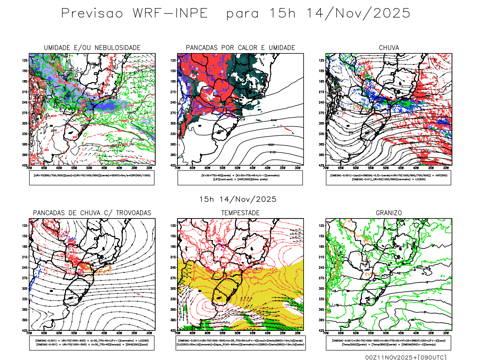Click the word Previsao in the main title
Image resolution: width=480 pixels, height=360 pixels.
pyautogui.click(x=92, y=13)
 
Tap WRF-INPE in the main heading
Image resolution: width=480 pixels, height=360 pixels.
pyautogui.click(x=170, y=13)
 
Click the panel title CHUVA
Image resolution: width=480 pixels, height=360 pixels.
pyautogui.click(x=389, y=48)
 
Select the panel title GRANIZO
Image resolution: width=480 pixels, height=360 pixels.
pyautogui.click(x=389, y=213)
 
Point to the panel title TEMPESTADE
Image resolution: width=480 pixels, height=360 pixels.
pyautogui.click(x=240, y=213)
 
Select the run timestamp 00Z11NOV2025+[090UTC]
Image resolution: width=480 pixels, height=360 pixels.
pyautogui.click(x=406, y=357)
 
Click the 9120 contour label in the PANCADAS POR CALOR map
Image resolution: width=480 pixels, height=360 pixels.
pyautogui.click(x=272, y=152)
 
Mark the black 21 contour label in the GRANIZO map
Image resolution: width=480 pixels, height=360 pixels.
pyautogui.click(x=425, y=312)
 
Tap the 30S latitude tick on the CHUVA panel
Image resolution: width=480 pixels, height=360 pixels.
pyautogui.click(x=322, y=123)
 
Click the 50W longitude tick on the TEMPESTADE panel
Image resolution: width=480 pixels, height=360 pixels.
pyautogui.click(x=237, y=333)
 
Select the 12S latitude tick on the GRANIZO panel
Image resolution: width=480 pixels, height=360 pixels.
pyautogui.click(x=322, y=226)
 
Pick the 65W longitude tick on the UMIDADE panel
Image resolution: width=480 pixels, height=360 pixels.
pyautogui.click(x=44, y=168)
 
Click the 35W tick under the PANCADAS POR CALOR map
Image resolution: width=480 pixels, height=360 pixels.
pyautogui.click(x=282, y=168)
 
